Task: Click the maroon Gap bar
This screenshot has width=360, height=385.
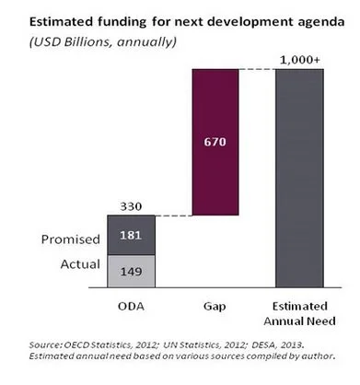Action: (215, 142)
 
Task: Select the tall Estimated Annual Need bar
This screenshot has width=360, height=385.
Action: (299, 179)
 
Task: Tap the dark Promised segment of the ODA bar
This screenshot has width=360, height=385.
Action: (132, 235)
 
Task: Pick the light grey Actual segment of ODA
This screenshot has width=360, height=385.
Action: (132, 272)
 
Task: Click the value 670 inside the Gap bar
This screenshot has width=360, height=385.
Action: (215, 142)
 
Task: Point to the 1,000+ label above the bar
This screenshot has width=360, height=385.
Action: (300, 60)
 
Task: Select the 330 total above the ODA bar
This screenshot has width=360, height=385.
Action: (131, 206)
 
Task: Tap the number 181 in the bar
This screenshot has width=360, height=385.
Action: (131, 236)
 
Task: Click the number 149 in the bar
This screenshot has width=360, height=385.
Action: (131, 272)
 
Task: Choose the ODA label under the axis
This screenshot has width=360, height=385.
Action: (131, 307)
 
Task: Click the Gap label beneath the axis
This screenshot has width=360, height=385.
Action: (215, 307)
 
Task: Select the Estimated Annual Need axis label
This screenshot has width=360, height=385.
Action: (299, 314)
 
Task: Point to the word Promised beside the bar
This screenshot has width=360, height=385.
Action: (71, 239)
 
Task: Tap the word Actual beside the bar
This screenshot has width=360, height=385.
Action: (80, 264)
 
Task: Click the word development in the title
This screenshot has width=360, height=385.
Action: (237, 22)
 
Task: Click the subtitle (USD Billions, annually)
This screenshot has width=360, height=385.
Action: (103, 41)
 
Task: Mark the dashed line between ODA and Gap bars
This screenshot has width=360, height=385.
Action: (174, 216)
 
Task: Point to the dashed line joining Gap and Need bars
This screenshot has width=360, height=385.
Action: (257, 69)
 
